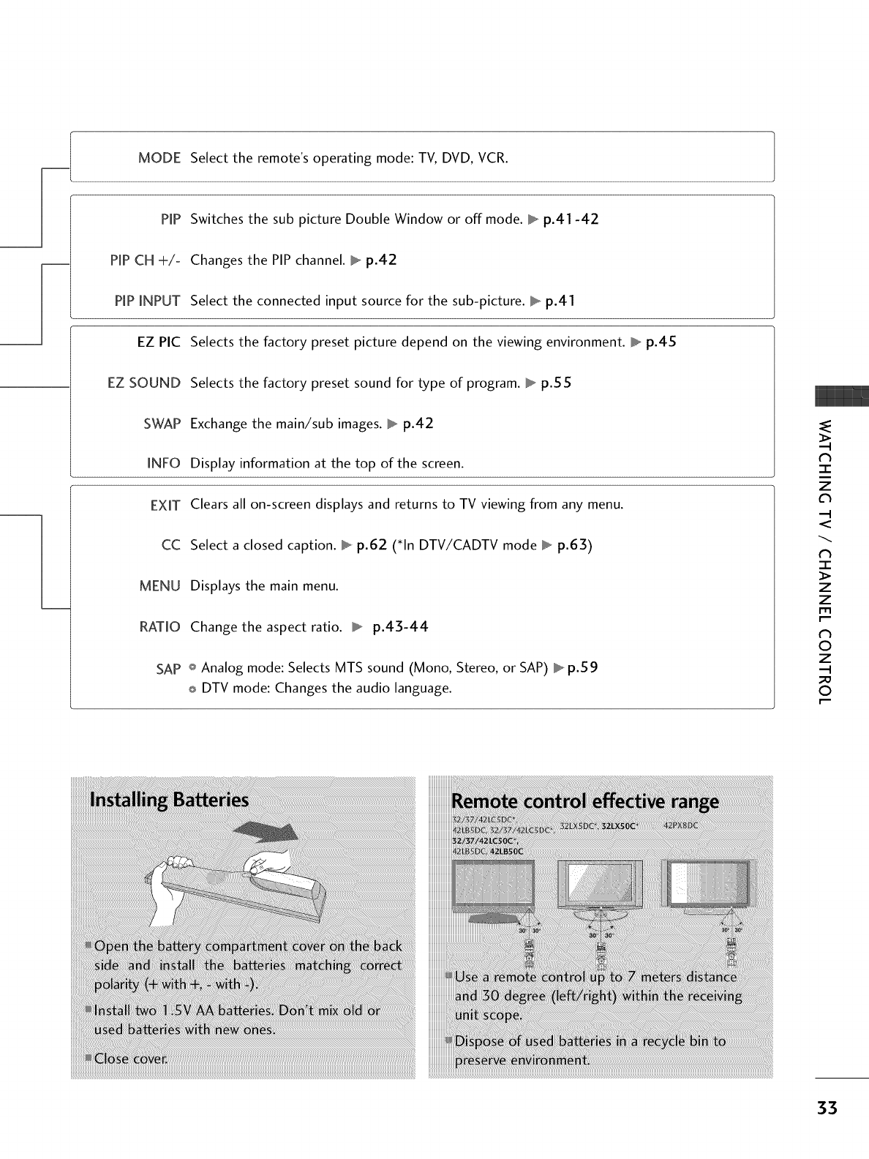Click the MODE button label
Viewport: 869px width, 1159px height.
tap(159, 158)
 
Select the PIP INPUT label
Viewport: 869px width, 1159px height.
tap(148, 301)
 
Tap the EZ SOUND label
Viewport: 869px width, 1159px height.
tap(144, 383)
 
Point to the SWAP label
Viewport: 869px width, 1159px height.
tap(162, 424)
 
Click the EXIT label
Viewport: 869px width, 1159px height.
tap(165, 505)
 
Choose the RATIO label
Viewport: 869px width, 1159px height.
tap(159, 627)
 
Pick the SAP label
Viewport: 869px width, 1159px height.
tap(168, 669)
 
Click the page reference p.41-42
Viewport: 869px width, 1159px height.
tap(571, 220)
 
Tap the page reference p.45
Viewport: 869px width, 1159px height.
tap(661, 342)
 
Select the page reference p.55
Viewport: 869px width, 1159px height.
tap(556, 383)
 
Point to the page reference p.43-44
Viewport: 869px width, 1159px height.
tap(400, 627)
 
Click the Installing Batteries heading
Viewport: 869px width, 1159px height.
tap(169, 799)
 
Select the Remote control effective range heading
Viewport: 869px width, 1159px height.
tap(586, 801)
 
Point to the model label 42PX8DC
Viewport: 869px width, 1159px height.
tap(681, 826)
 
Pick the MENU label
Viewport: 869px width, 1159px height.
tap(159, 586)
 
